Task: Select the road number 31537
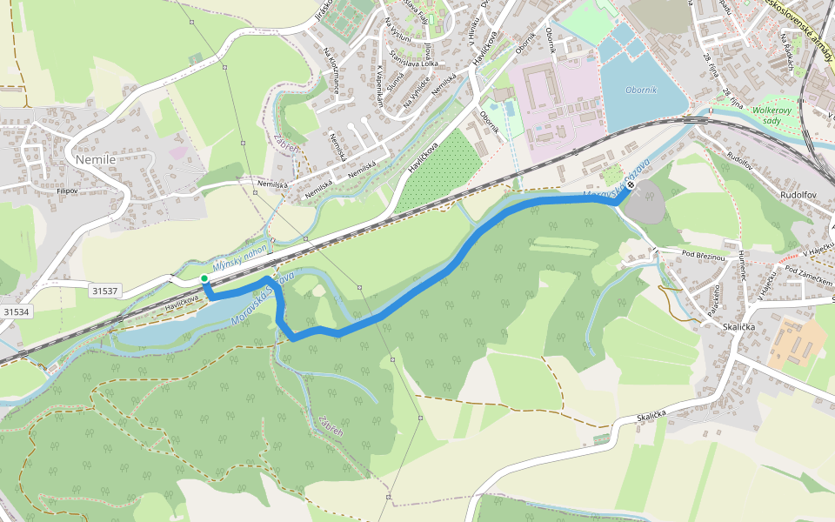coord(104,290)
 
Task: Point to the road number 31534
coord(16,311)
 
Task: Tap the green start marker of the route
coord(204,278)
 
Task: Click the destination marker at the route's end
coord(631,185)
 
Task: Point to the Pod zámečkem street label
coord(808,277)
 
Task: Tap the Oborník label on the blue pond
coord(641,90)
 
